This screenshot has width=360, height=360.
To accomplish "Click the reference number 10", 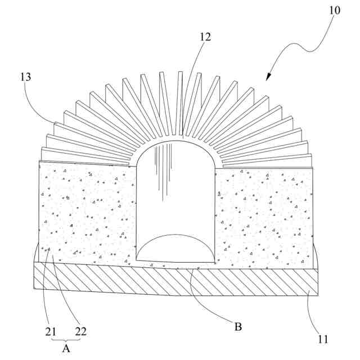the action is [x=335, y=10].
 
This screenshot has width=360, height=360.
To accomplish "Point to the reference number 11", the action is [x=323, y=339].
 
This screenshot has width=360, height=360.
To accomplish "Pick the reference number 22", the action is [x=80, y=331].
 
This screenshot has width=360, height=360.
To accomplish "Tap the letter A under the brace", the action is [x=66, y=348].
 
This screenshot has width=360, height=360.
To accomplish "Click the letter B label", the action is [x=238, y=326].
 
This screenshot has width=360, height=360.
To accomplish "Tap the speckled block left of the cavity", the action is [x=87, y=214].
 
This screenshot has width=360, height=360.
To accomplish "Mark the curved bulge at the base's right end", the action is [x=316, y=257].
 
